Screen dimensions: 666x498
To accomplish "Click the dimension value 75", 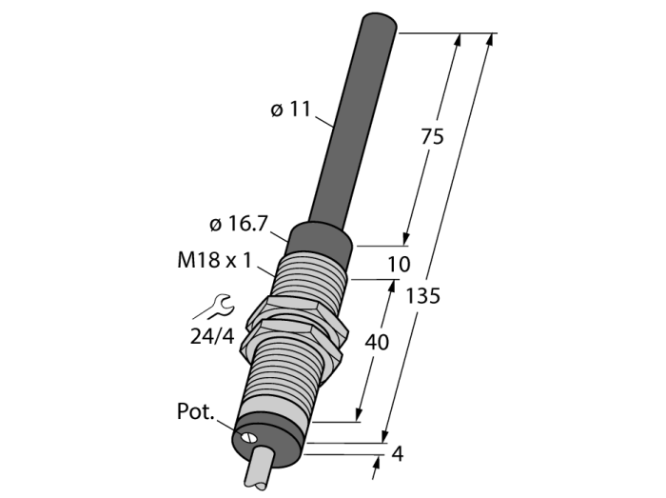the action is pos(432,137).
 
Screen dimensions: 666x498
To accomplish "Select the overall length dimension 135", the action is pos(422,296).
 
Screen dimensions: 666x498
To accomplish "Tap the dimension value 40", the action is pos(377,342).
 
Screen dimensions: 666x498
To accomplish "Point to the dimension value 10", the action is pos(399,265).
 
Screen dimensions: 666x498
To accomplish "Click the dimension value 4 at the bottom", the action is pos(397,454).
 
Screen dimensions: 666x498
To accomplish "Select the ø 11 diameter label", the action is pos(290,110).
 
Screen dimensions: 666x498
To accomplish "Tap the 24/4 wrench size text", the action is pos(212,336).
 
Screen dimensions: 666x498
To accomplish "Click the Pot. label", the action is pos(195,411).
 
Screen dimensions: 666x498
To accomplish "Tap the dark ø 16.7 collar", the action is pos(321,241).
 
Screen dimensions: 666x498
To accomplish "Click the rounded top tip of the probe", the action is pos(380,21).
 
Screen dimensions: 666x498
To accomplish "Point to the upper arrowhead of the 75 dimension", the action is pos(457,40).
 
